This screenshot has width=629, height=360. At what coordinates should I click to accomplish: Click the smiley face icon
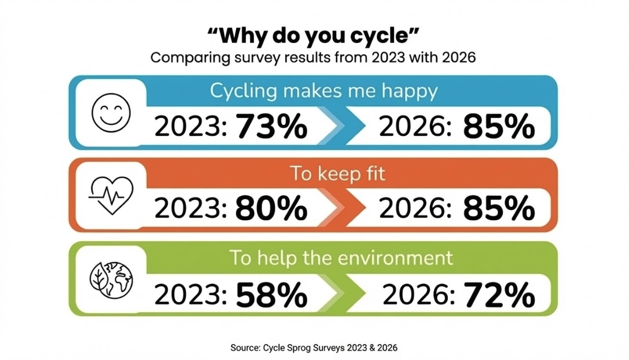click(x=111, y=113)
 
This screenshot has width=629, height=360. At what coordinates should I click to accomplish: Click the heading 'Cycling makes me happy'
click(x=324, y=91)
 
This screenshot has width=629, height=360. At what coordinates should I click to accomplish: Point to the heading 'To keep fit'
click(x=324, y=174)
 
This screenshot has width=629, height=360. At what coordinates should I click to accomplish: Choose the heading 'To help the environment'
click(x=341, y=258)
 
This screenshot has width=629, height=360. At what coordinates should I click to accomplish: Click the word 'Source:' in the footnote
click(x=245, y=348)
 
